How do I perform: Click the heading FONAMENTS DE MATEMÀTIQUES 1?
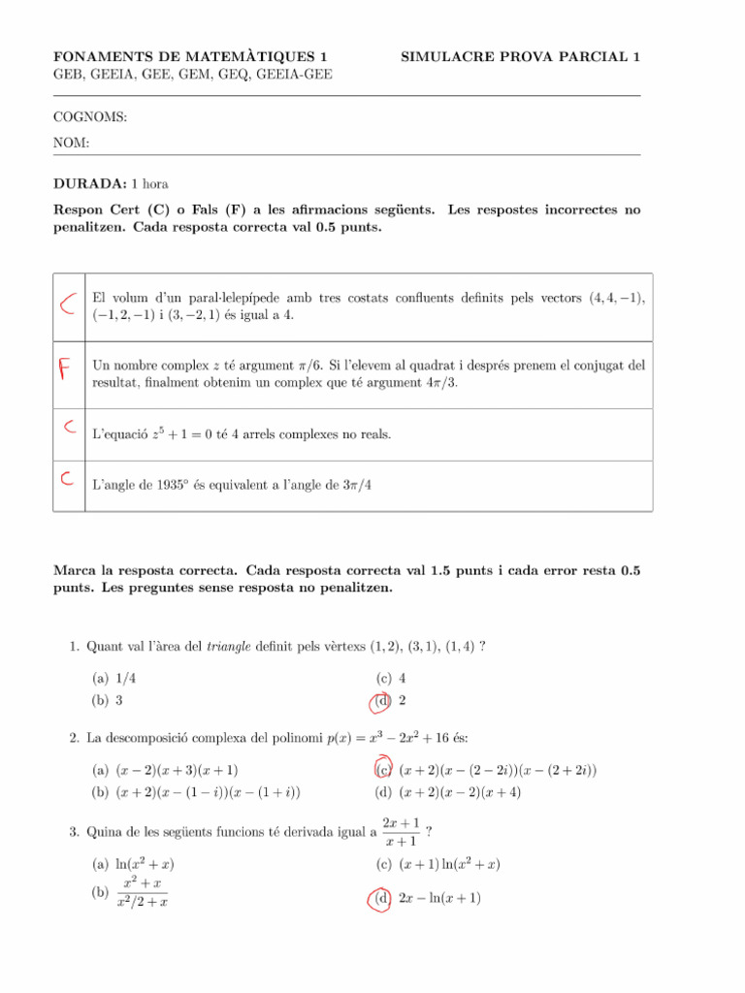(190, 57)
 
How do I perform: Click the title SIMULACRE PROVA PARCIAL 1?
(520, 57)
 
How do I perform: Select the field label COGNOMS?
(90, 117)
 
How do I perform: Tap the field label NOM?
(72, 143)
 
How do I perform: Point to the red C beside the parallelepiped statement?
(67, 306)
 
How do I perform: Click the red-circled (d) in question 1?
(383, 701)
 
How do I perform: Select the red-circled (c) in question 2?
(383, 770)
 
